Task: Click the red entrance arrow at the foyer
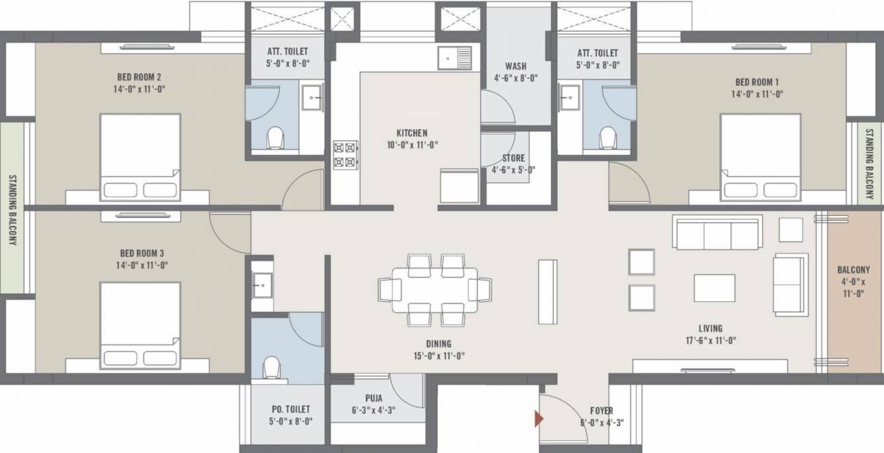[539, 419]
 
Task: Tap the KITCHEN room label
[412, 132]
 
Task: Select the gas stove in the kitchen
[345, 154]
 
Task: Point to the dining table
[434, 289]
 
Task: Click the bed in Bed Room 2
[140, 157]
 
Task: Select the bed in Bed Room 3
[140, 325]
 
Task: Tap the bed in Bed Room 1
[760, 157]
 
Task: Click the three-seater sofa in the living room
[717, 232]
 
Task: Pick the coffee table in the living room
[714, 288]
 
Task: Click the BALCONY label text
[853, 270]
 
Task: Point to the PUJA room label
[373, 399]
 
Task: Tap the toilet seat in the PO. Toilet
[271, 368]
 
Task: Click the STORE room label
[513, 158]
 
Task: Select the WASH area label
[515, 66]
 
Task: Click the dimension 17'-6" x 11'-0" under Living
[710, 340]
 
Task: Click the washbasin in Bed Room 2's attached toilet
[312, 97]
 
